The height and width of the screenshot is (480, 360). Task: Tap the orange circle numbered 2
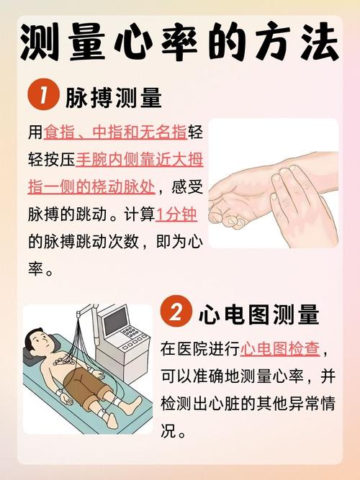[x=176, y=314]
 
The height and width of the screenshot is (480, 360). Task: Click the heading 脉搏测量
[x=113, y=97]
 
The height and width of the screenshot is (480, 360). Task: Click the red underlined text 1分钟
[x=176, y=214]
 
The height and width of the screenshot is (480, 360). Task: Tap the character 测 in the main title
[x=42, y=42]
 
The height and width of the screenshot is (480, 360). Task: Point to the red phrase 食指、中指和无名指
[x=115, y=132]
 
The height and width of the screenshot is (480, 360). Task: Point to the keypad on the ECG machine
[x=132, y=333]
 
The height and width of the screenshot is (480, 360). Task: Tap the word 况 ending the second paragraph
[x=168, y=433]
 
